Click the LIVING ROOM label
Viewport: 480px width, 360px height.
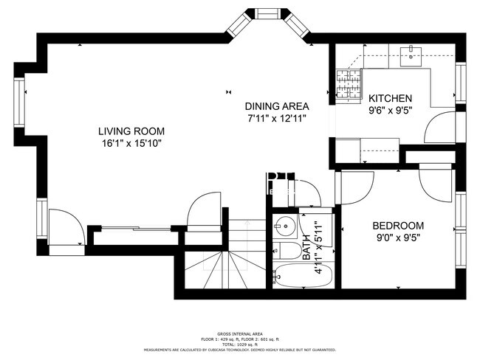click(x=130, y=131)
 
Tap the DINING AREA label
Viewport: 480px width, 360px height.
click(x=277, y=105)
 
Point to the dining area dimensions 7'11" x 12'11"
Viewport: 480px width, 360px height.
click(x=277, y=117)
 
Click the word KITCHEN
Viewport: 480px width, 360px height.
click(x=391, y=99)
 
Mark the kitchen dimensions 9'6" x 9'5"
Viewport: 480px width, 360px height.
click(x=391, y=111)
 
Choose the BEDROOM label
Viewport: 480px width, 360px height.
click(x=397, y=226)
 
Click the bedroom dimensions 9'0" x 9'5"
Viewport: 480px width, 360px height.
click(x=397, y=238)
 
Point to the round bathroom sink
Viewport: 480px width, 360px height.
click(x=284, y=226)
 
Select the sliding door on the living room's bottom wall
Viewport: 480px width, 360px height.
click(x=133, y=229)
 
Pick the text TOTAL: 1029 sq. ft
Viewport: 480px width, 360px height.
click(x=240, y=345)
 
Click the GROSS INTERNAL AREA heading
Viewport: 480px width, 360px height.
click(x=240, y=334)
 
